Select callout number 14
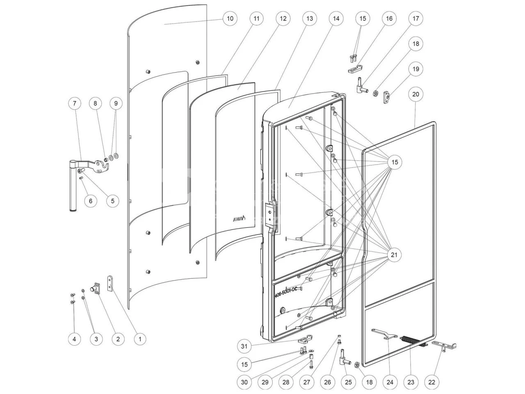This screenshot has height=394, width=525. [x=336, y=18]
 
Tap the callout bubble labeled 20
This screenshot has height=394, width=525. [x=415, y=94]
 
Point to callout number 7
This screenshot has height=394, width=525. [x=74, y=103]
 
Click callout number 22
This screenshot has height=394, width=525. [x=431, y=382]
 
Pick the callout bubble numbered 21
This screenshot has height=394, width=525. [x=394, y=255]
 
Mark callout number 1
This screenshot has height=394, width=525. [x=139, y=339]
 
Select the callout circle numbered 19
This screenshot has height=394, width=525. [x=415, y=69]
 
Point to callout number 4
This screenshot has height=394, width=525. [x=74, y=339]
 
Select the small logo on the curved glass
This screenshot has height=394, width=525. [x=240, y=218]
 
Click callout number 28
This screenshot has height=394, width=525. [x=286, y=382]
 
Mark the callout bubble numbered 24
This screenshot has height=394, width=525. [x=390, y=382]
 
